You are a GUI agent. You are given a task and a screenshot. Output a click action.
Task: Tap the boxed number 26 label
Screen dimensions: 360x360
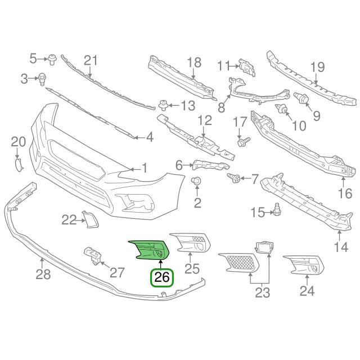[x=161, y=277]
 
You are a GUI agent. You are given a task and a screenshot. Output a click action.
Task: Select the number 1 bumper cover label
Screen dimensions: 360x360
[x=145, y=168]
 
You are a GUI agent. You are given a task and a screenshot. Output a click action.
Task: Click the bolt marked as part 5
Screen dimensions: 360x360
[x=52, y=58]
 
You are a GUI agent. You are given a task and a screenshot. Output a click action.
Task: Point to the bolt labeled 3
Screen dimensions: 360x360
[x=42, y=78]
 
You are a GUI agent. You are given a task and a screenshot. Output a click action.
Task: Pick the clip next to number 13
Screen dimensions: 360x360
[x=163, y=105]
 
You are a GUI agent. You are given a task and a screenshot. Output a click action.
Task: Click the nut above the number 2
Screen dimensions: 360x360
[x=197, y=181]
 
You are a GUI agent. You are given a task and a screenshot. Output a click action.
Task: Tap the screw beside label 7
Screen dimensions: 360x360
[x=233, y=178]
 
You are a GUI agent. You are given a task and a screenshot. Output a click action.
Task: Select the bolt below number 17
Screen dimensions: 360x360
[x=240, y=141]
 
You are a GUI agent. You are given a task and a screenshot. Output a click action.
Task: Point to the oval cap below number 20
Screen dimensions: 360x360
[x=18, y=164]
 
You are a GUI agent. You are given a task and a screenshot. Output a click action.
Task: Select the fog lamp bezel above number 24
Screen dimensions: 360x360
[x=304, y=265]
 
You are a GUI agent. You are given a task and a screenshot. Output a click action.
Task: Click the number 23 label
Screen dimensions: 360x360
[x=262, y=292]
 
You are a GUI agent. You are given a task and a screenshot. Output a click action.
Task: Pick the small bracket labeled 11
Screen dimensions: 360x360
[x=245, y=66]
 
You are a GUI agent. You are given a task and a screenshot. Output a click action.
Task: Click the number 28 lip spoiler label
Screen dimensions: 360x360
[x=43, y=274]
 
